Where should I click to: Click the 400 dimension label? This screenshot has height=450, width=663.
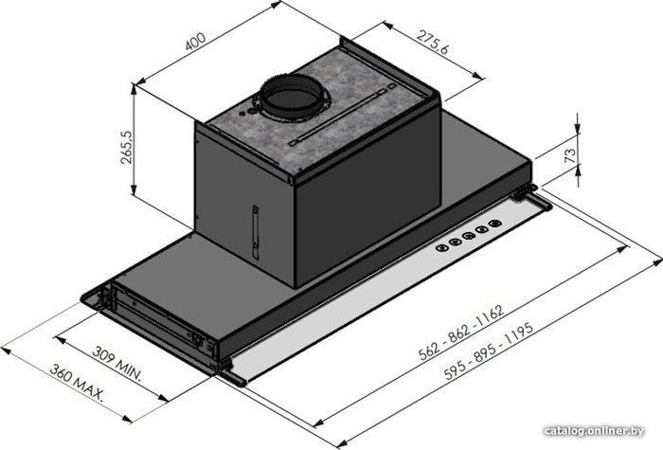pyautogui.click(x=195, y=41)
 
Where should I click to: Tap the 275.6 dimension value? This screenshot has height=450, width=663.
pyautogui.click(x=433, y=42)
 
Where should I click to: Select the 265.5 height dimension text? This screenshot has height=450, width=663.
pyautogui.click(x=126, y=147)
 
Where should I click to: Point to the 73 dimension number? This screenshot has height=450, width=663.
pyautogui.click(x=570, y=155)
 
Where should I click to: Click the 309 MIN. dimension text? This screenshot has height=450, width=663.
pyautogui.click(x=116, y=364)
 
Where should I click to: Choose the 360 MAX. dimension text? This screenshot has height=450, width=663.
pyautogui.click(x=77, y=382)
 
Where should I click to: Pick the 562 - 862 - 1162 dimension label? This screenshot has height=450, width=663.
pyautogui.click(x=461, y=332)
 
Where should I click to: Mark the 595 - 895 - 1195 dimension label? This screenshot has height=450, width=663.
pyautogui.click(x=490, y=351)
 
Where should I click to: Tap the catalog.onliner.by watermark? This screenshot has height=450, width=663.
pyautogui.click(x=594, y=431)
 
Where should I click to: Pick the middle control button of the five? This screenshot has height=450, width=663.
pyautogui.click(x=469, y=236)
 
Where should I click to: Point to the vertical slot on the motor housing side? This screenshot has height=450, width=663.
pyautogui.click(x=256, y=232)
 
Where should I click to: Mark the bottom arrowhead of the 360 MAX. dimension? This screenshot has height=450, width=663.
pyautogui.click(x=127, y=419)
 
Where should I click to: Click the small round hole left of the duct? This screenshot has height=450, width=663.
pyautogui.click(x=242, y=114)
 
